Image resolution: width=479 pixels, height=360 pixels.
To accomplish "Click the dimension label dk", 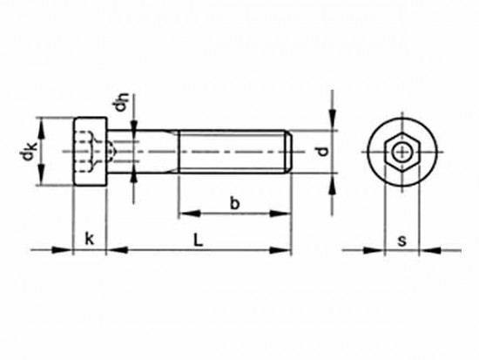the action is click(x=28, y=152).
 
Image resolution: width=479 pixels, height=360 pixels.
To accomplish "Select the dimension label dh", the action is click(x=120, y=102).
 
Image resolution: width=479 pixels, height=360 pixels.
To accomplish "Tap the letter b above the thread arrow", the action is click(x=234, y=203).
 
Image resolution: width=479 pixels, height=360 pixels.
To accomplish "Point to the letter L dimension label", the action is click(x=198, y=240).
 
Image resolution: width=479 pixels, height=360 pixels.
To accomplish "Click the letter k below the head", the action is click(x=89, y=239).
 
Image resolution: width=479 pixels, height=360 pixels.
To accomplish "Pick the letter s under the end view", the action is click(x=402, y=241).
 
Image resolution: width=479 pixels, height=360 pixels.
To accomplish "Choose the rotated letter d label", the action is click(x=322, y=152).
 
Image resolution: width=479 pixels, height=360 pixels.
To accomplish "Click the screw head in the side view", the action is click(x=90, y=152).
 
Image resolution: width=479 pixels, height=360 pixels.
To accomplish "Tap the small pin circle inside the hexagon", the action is click(x=401, y=152).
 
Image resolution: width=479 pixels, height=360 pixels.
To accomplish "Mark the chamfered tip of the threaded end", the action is click(x=290, y=152).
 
